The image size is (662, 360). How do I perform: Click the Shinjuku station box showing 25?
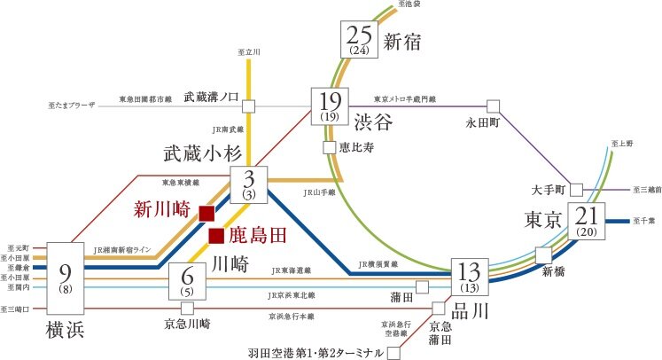[359, 40]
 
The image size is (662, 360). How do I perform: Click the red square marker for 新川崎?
[206, 213]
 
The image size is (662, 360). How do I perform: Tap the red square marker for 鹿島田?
[216, 235]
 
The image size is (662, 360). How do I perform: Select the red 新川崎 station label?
[163, 210]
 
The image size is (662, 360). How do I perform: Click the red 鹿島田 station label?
[259, 235]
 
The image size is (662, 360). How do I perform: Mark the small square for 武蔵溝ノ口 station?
[249, 106]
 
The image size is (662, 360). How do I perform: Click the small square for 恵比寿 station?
[330, 148]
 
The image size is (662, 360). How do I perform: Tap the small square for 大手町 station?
[577, 190]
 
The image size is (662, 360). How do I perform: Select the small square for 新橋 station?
[544, 253]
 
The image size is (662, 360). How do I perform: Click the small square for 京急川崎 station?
[187, 309]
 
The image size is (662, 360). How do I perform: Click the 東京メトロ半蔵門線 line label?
[405, 98]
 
